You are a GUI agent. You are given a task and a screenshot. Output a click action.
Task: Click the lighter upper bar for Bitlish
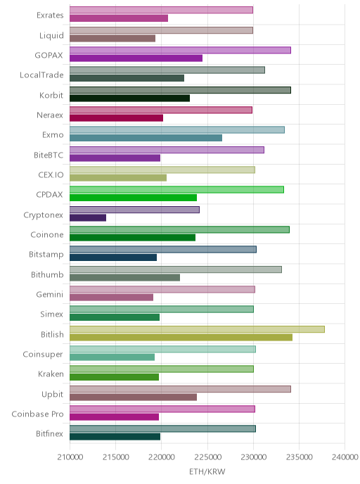coord(197,329)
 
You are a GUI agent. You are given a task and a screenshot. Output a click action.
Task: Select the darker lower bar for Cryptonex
coord(88,217)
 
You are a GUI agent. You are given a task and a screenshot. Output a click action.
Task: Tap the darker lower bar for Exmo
coord(146,138)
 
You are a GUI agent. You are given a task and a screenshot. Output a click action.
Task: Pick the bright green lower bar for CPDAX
coord(134,198)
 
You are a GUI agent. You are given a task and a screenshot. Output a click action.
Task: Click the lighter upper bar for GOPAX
coord(180,51)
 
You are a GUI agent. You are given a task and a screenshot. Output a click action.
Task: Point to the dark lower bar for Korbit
coord(129,98)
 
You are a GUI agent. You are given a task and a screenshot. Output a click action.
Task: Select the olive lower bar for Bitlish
coord(181,338)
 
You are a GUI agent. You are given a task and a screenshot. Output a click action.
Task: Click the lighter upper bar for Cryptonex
coord(134,210)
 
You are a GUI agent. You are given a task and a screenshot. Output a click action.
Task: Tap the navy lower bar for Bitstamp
coord(113,257)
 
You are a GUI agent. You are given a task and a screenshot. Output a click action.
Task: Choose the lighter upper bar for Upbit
coord(180,389)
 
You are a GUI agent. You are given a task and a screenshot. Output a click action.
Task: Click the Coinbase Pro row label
coord(38,414)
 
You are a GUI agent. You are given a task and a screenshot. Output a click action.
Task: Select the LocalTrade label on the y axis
coord(41,75)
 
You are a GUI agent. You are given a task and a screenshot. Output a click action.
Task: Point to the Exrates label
coord(50,15)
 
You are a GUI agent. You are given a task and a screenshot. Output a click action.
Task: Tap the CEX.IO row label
coord(51,175)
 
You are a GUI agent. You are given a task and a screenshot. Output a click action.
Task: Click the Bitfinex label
coord(49,433)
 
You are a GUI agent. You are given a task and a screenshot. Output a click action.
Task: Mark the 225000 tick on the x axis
coord(207,457)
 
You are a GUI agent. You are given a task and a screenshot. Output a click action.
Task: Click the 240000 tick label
coord(345,457)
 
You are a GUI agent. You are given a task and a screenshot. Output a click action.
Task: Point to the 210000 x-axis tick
coord(70,457)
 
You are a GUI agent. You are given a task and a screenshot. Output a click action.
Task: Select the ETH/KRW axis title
coord(207,471)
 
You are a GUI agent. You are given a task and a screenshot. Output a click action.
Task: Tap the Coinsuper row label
coord(43,355)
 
